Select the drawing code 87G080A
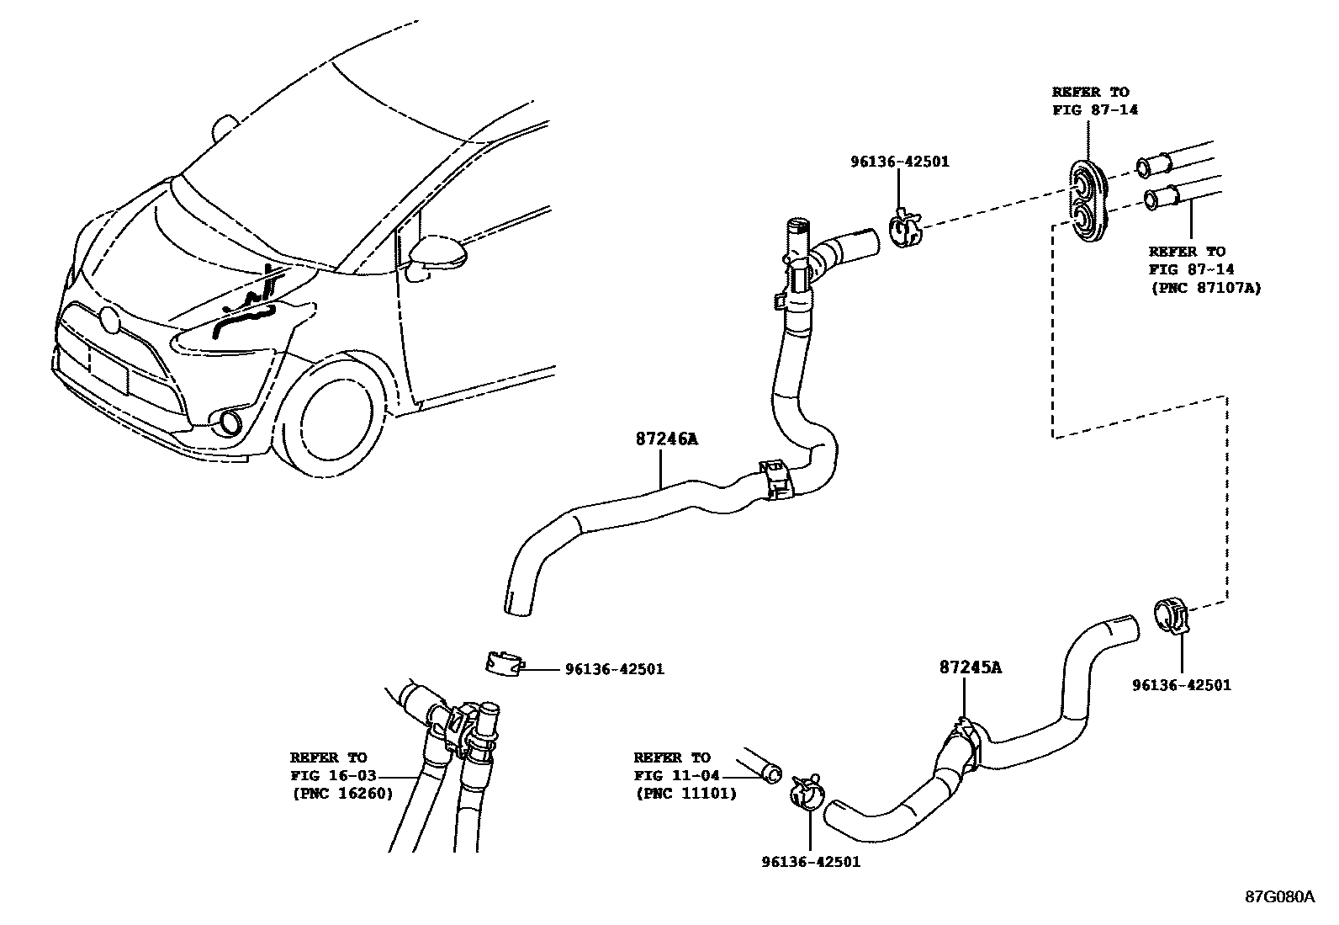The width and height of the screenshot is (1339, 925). coord(1279,896)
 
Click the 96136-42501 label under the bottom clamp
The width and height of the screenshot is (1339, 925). coord(811,861)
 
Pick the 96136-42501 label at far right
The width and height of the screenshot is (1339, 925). coord(1181,684)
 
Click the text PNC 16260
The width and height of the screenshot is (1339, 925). coord(342,793)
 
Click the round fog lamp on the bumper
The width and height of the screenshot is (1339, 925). coord(227,423)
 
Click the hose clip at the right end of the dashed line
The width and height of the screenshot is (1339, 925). coord(1171,614)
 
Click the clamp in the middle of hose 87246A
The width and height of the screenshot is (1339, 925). coord(776,480)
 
